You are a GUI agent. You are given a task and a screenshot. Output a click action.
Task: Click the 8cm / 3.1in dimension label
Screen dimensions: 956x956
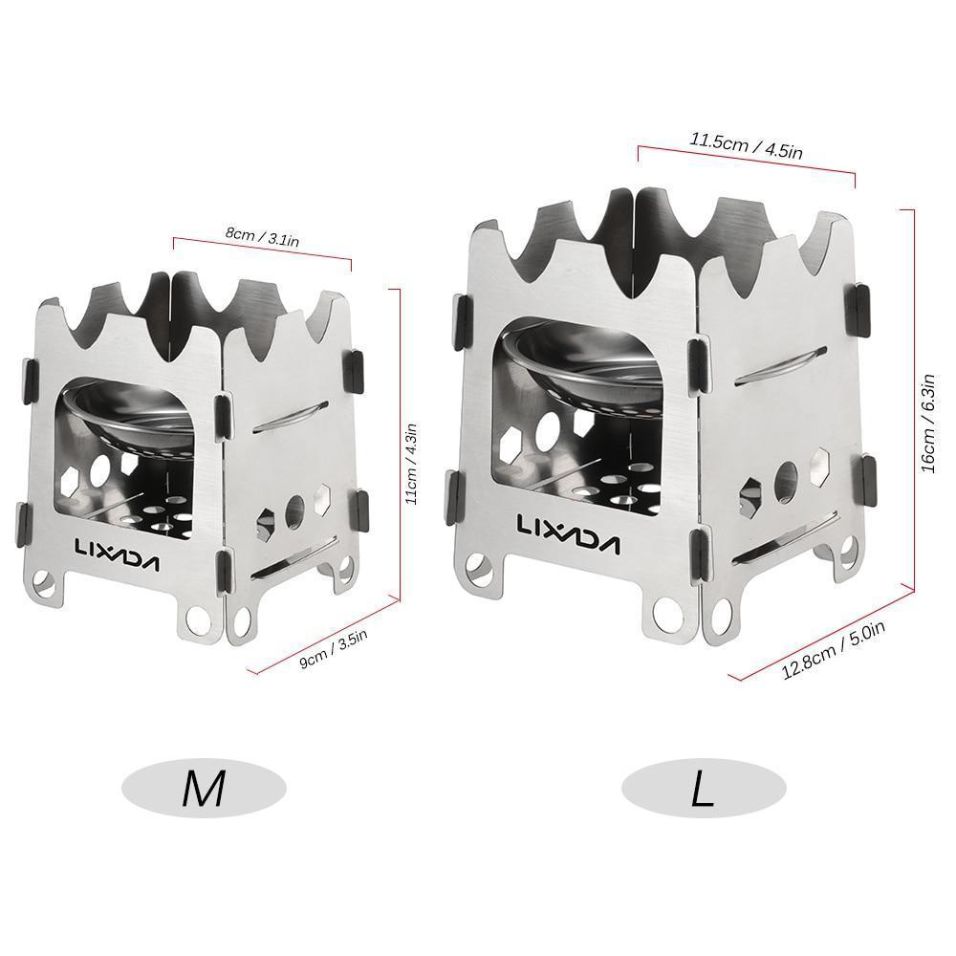click(262, 236)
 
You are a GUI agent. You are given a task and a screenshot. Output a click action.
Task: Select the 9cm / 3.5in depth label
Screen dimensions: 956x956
click(334, 649)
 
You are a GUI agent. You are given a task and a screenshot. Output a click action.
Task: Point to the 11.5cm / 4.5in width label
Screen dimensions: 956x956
click(746, 145)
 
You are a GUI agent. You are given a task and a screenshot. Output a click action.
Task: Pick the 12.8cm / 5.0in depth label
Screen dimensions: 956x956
click(834, 650)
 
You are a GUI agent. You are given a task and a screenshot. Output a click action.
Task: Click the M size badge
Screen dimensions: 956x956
click(204, 789)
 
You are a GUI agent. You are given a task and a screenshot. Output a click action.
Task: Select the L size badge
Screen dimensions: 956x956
click(704, 789)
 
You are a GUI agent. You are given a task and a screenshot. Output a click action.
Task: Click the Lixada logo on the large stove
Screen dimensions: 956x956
click(568, 526)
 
